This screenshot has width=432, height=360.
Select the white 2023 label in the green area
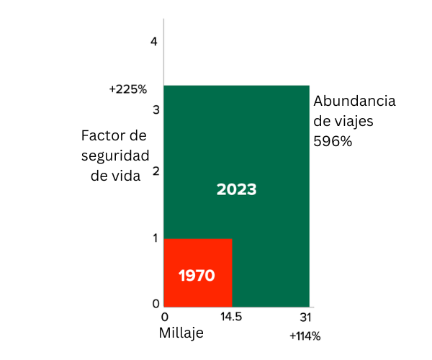coord(237,190)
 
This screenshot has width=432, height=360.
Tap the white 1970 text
coord(197,276)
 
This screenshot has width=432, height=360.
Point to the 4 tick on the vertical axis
coord(153,42)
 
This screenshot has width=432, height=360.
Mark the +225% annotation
coord(128,90)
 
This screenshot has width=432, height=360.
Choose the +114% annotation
coord(305,336)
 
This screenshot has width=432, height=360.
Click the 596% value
coord(333,142)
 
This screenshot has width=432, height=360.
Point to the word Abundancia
coord(354,102)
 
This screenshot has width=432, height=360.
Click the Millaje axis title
coord(181,333)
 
